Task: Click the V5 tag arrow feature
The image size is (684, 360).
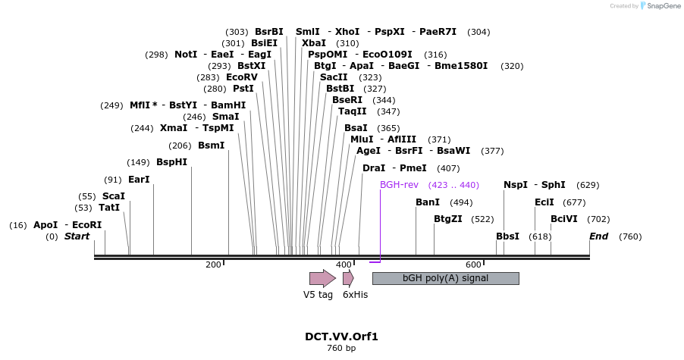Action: coord(322,278)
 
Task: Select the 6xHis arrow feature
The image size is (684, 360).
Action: coord(348,278)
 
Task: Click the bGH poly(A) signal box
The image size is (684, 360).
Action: coord(445,278)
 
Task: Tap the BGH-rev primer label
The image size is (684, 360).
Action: coord(399,185)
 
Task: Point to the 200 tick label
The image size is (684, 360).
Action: coord(213,265)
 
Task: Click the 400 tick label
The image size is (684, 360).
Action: coord(344,265)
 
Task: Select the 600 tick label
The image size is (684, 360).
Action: coord(474,265)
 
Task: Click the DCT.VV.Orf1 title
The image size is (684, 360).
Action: coord(341,337)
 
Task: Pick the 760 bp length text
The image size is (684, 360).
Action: coord(341,349)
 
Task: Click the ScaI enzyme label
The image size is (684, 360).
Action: coord(114,196)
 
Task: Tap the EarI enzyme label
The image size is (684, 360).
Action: coord(139,180)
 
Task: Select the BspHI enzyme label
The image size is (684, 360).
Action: coord(171,162)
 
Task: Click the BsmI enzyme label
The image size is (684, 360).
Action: coord(211,146)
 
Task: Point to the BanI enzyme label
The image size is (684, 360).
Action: coord(428,202)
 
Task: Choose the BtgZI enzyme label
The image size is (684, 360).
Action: coord(448,219)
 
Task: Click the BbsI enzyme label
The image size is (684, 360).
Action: coord(507,236)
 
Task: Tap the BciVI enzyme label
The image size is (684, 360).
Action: coord(563,219)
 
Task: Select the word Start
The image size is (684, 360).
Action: coord(77,236)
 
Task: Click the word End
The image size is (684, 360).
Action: coord(598,236)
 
